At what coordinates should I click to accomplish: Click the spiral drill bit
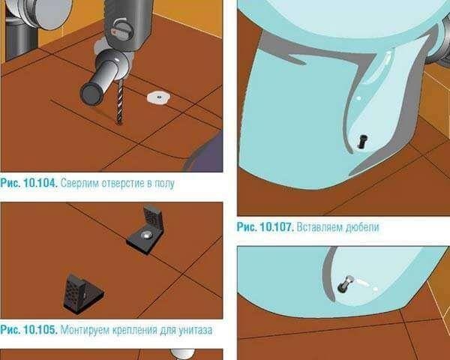120,102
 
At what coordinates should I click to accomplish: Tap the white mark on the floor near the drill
158,97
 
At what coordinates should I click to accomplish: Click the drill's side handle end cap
91,94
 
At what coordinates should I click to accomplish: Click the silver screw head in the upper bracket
145,235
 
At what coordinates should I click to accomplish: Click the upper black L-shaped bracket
147,229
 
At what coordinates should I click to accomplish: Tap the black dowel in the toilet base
363,141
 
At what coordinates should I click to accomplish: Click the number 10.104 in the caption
40,183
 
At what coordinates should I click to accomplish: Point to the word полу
164,184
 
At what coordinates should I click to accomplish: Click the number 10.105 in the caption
40,330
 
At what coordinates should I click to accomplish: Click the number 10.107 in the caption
277,227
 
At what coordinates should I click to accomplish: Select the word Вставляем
319,227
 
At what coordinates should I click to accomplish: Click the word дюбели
362,227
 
